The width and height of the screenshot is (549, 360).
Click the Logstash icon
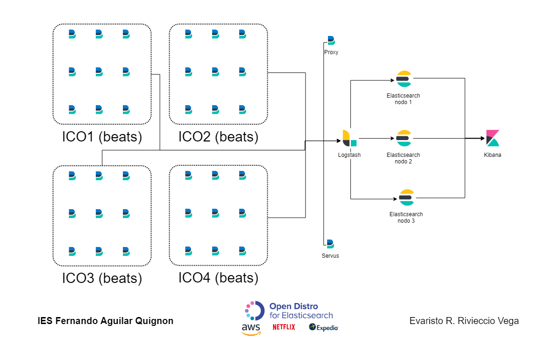pos(349,138)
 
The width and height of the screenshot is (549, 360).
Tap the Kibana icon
pos(492,138)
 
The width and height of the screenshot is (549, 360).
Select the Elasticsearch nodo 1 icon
pos(403,79)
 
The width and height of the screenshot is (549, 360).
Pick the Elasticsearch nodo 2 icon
pos(403,138)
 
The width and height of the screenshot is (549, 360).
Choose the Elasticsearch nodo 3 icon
pos(406,198)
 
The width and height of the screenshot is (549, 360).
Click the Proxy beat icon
pos(331,41)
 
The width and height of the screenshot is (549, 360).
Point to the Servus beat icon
pos(330,244)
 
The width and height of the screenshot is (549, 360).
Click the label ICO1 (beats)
pos(102,137)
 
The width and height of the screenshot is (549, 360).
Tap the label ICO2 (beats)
pos(218,137)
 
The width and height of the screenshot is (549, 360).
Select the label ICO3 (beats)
pos(102,278)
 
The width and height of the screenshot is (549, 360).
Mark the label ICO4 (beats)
pos(218,278)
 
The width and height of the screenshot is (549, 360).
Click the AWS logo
pos(251,329)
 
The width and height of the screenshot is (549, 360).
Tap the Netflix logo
pos(284,327)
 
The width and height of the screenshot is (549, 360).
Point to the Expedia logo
pos(323,327)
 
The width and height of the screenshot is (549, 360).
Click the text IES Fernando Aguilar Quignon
pos(106,321)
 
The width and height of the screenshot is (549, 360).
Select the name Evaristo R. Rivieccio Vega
pos(464,321)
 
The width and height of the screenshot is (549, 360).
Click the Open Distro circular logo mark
pos(255,311)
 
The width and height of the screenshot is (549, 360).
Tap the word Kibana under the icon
pos(492,155)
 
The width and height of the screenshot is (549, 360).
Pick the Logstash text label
pos(349,155)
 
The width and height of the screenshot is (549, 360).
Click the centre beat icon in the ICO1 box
pos(99,71)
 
